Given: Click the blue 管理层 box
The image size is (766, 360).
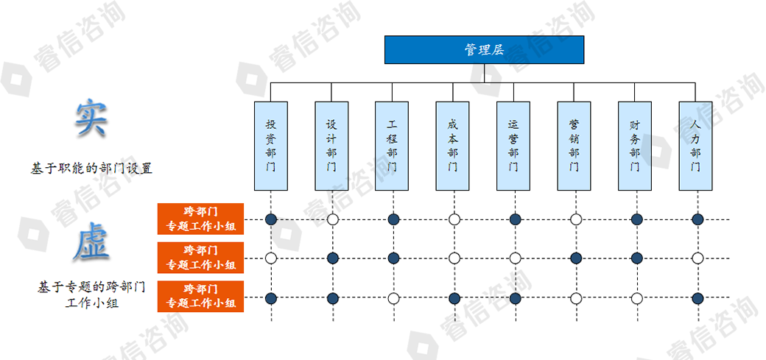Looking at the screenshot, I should point(484,49).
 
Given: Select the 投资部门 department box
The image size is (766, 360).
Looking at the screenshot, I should point(271,146).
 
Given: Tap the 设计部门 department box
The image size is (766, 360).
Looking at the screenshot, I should point(332,146).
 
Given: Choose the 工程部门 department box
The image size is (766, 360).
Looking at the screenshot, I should point(393,146).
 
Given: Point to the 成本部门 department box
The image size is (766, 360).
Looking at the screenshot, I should point(453,146).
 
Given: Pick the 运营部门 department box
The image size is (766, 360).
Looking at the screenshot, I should point(514,146).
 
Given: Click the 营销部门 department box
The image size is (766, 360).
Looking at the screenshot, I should point(574,146).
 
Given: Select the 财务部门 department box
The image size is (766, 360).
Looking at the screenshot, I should point(635,146).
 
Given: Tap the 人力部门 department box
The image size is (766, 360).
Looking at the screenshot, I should point(696,146).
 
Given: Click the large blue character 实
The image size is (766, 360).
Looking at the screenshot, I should point(91,118).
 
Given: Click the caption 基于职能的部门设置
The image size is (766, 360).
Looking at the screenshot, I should point(91,168).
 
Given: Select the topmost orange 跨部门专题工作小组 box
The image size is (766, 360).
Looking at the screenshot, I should point(200,219).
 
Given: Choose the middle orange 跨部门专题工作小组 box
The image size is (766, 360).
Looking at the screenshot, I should point(200,258).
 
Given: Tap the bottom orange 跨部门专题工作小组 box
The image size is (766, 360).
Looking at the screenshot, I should point(200,297).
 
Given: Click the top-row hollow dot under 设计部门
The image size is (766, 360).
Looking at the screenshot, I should point(332,219).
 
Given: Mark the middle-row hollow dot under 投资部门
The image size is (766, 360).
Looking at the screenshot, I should point(271,258).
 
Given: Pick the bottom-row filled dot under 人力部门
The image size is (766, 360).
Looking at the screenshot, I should point(698,298).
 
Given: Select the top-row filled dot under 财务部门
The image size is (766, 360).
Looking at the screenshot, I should point(636,219).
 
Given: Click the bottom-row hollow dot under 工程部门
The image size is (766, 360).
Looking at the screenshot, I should point(393,298).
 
